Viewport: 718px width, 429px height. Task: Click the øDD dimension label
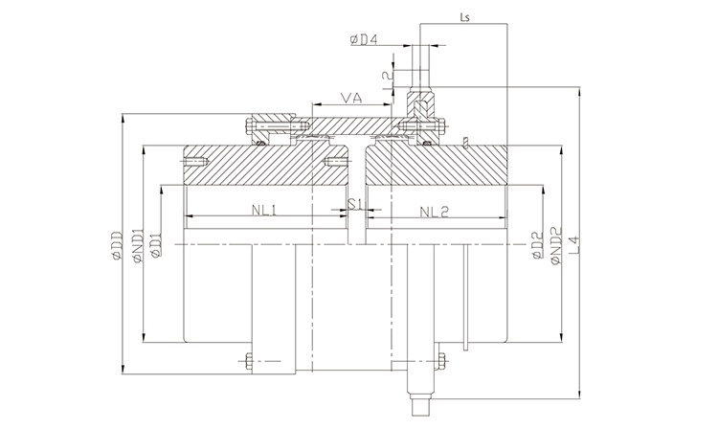click(116, 243)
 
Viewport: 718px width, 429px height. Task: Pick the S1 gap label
click(354, 204)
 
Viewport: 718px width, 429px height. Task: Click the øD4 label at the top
click(366, 39)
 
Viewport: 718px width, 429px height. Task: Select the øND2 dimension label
click(556, 245)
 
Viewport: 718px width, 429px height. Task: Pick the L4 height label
click(573, 245)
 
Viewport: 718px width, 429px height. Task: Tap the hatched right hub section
click(440, 167)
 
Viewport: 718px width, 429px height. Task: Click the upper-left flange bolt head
click(252, 124)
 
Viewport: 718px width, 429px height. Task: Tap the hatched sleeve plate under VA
click(349, 124)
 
